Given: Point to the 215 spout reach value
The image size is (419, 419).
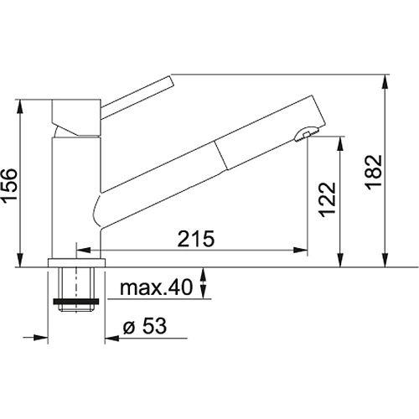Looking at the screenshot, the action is pyautogui.click(x=196, y=239).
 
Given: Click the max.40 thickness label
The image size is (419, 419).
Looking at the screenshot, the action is pyautogui.click(x=157, y=287).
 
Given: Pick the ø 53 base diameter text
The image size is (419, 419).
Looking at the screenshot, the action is pyautogui.click(x=145, y=326).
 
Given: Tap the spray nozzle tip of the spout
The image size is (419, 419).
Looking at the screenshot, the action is pyautogui.click(x=307, y=134).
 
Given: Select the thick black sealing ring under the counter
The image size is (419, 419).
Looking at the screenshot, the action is pyautogui.click(x=75, y=302).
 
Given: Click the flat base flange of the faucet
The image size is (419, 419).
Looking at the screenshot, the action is pyautogui.click(x=77, y=263).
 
